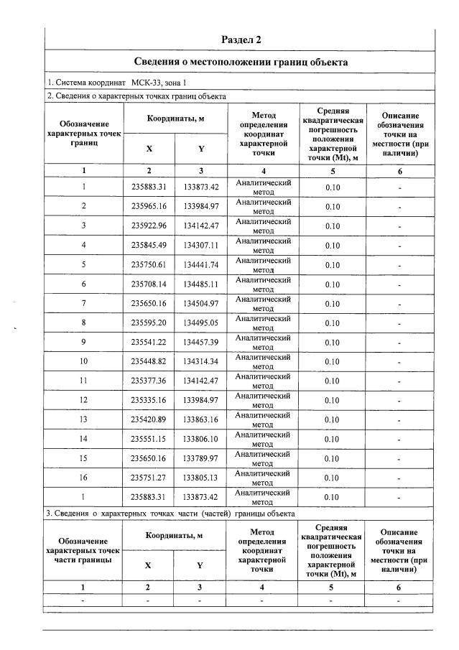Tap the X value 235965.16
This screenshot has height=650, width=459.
(149, 207)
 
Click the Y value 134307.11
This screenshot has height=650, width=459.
(200, 246)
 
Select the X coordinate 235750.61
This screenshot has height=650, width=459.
(149, 265)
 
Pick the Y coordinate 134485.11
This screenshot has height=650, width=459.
(200, 284)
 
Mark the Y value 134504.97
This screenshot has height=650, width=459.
(200, 304)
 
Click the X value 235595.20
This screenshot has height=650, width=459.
(149, 323)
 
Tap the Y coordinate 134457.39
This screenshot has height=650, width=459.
(200, 343)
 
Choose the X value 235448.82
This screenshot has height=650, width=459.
(149, 362)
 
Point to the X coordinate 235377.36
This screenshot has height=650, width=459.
(149, 381)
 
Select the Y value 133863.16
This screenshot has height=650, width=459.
(200, 420)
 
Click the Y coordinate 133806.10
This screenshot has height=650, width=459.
(200, 440)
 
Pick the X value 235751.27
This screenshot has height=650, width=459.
(149, 478)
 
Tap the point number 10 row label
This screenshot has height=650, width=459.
(84, 362)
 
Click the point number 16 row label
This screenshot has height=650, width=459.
(84, 478)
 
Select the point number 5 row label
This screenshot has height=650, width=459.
(84, 265)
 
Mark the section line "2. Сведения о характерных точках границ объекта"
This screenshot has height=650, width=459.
(136, 96)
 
